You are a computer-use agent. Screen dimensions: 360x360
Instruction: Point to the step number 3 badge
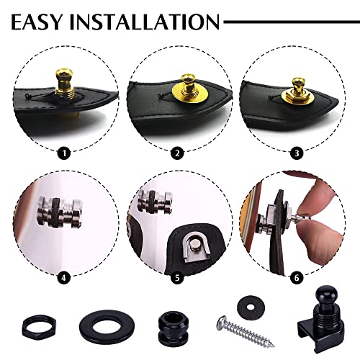[x=293, y=153]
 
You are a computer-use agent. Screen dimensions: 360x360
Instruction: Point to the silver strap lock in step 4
[x=61, y=217]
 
